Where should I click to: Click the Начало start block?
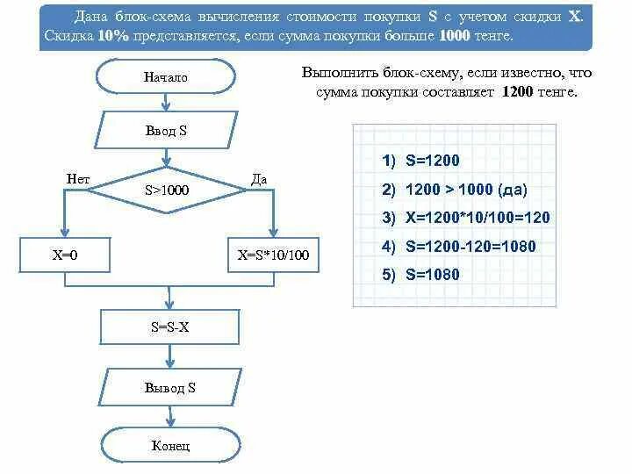click(x=167, y=77)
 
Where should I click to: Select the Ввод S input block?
click(x=167, y=132)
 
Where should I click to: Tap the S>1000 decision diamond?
click(x=167, y=190)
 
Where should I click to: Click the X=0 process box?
click(x=66, y=255)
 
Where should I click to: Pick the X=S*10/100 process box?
click(x=273, y=255)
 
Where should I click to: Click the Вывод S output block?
click(x=169, y=387)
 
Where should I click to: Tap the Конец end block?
click(x=169, y=446)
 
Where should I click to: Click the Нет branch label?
click(x=78, y=179)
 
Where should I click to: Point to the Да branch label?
click(x=259, y=179)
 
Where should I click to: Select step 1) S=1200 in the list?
click(x=420, y=161)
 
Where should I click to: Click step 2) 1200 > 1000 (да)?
click(x=455, y=190)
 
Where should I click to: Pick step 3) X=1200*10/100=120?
click(x=465, y=218)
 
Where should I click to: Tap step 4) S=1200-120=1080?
click(x=458, y=247)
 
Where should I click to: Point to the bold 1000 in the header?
click(x=454, y=36)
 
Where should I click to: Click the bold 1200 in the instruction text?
click(x=517, y=92)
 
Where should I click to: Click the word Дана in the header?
click(x=91, y=17)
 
